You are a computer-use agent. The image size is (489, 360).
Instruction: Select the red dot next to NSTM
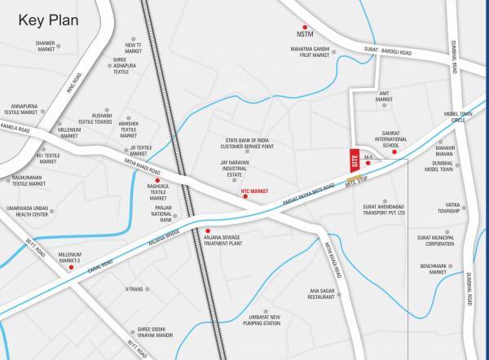pyautogui.click(x=306, y=27)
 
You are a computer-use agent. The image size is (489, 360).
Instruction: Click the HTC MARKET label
pyautogui.click(x=254, y=191)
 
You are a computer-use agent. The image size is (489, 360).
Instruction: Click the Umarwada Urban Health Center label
pyautogui.click(x=29, y=212)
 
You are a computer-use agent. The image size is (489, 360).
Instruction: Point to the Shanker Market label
pyautogui.click(x=46, y=46)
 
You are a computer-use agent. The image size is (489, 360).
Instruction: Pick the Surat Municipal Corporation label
pyautogui.click(x=436, y=240)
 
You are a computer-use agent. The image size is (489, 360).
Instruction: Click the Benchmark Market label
pyautogui.click(x=433, y=269)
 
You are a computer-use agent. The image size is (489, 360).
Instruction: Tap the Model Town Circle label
pyautogui.click(x=458, y=116)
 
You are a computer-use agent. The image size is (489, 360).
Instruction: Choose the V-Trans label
pyautogui.click(x=134, y=288)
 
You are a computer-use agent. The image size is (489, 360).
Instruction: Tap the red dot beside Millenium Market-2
pyautogui.click(x=72, y=267)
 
